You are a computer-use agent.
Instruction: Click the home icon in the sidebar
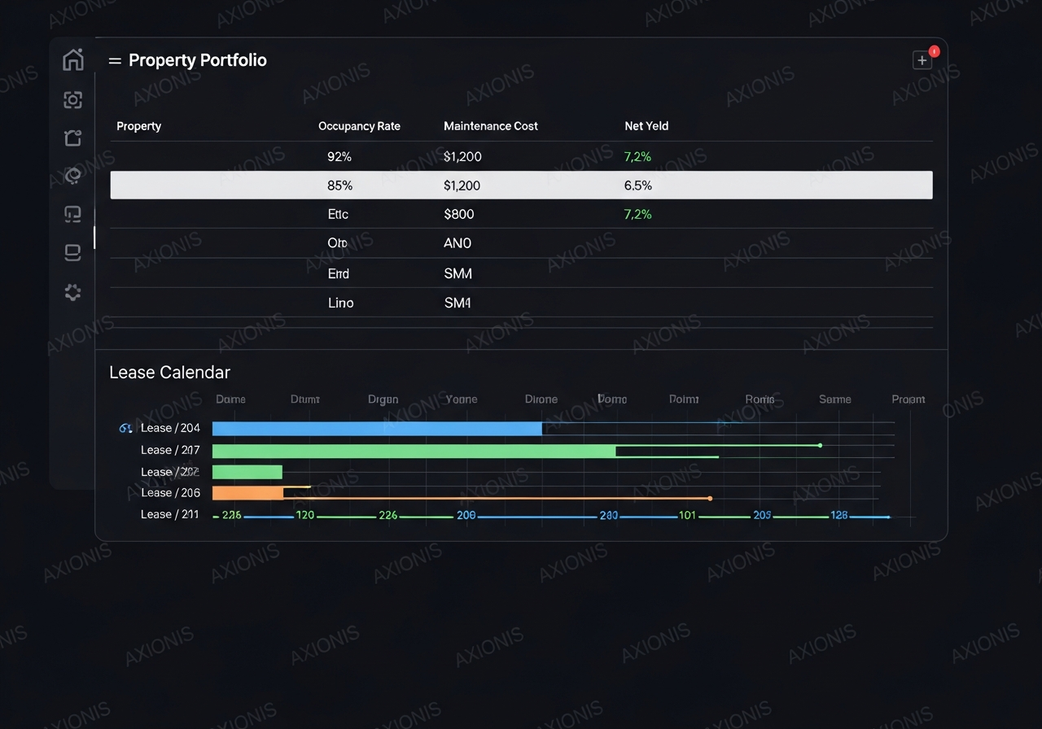coord(73,59)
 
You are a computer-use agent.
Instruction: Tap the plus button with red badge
coord(922,60)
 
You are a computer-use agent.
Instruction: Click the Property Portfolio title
coord(198,60)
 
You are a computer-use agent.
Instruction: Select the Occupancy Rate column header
coord(359,126)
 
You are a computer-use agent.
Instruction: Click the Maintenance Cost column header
coord(490,126)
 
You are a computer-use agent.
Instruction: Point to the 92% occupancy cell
coord(339,156)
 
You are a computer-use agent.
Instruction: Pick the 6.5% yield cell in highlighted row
coord(637,186)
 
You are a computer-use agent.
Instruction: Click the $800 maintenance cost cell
coord(458,214)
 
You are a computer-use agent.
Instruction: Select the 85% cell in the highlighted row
coord(339,186)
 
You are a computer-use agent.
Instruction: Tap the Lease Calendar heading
coord(169,372)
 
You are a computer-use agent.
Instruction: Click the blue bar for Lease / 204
coord(377,429)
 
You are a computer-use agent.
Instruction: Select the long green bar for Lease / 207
coord(414,451)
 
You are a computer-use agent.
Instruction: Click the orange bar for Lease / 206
coord(247,493)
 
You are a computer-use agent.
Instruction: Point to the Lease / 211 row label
coord(169,514)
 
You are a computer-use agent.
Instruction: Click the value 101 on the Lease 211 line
coord(687,515)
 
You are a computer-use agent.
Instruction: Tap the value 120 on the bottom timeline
coord(304,515)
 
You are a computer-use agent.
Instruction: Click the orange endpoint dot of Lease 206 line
coord(710,498)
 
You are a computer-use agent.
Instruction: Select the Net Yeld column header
coord(646,126)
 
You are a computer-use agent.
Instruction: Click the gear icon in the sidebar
coord(73,292)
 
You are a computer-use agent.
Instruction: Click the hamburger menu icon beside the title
coord(115,61)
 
